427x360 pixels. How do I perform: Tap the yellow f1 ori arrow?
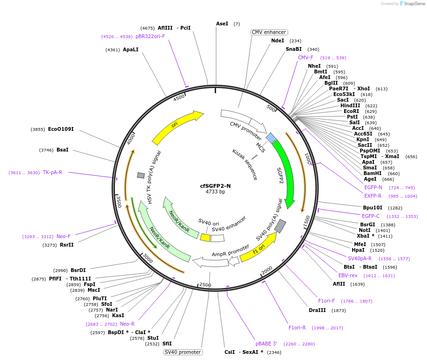258,247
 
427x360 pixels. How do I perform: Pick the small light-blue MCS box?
271,137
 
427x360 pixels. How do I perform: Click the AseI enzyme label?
222,24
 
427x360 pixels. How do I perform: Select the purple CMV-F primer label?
306,57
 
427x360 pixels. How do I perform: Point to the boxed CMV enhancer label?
269,32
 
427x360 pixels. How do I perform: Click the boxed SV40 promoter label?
183,352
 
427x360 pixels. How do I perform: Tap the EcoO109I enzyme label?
61,129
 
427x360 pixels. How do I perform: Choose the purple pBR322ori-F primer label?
150,36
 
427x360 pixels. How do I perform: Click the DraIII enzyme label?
318,310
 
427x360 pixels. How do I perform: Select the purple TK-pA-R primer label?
52,172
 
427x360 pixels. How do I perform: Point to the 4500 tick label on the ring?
179,97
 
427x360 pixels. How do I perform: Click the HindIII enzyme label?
350,105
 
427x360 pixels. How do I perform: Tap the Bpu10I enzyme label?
372,208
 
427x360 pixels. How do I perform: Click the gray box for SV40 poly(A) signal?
280,226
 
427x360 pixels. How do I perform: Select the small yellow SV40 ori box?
205,238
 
